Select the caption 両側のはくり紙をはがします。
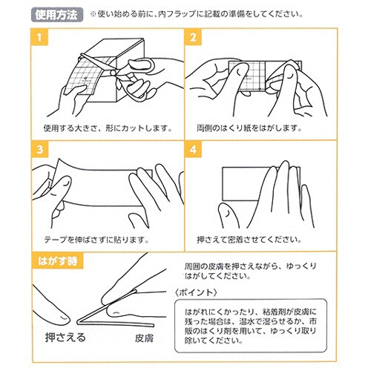coord(250,127)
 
